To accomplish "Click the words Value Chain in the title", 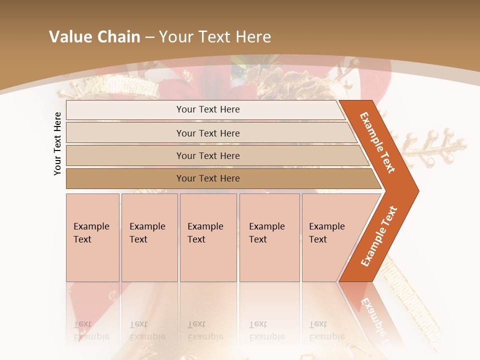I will (x=94, y=36).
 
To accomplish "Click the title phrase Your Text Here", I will (x=215, y=36).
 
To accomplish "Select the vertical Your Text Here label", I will (x=57, y=144).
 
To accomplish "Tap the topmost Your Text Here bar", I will (x=207, y=109).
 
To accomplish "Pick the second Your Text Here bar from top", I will (x=207, y=133).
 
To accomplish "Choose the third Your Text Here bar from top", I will (x=207, y=155).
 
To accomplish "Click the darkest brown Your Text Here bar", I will (x=207, y=178).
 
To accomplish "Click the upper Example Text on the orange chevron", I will (x=377, y=142).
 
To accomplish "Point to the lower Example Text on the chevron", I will (x=379, y=236).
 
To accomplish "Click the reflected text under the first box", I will (x=91, y=330).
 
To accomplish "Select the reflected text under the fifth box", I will (x=326, y=330).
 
